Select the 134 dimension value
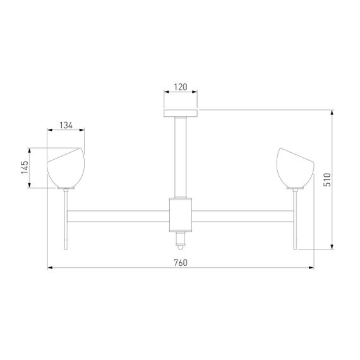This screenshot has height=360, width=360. pos(66,125)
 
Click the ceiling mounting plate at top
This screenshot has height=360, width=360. pos(181,114)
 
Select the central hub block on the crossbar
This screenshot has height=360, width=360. pos(181,213)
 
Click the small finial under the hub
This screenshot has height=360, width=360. pos(181,241)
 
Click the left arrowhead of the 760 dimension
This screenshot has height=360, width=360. pos(51,268)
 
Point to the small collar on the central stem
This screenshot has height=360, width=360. pos(181,192)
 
